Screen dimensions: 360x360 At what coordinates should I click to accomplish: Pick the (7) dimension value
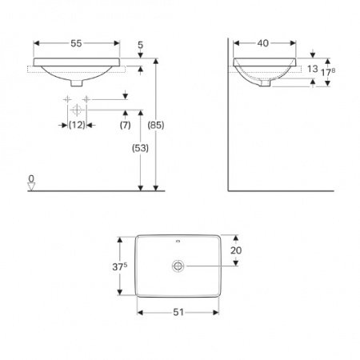(x=126, y=125)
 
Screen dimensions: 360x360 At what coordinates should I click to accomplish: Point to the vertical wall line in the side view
(x=229, y=120)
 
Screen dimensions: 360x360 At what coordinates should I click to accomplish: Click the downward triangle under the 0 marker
(x=31, y=186)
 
